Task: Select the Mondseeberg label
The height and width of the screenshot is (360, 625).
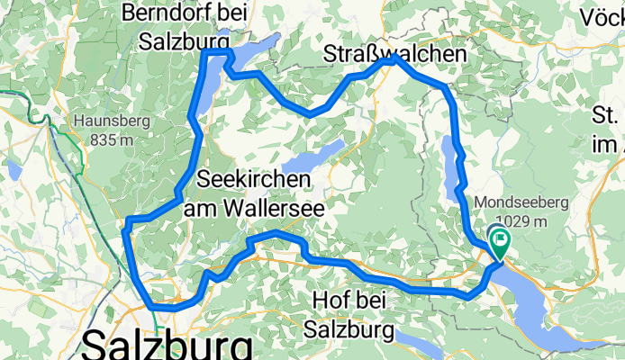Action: point(526,202)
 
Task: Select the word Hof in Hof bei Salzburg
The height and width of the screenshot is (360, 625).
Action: point(327,301)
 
